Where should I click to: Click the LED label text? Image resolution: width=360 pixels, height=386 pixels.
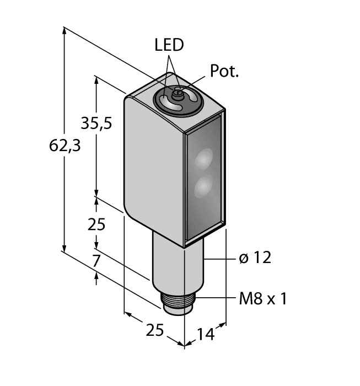tap(169, 45)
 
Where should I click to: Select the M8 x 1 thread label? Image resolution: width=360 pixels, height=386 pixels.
tap(263, 299)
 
